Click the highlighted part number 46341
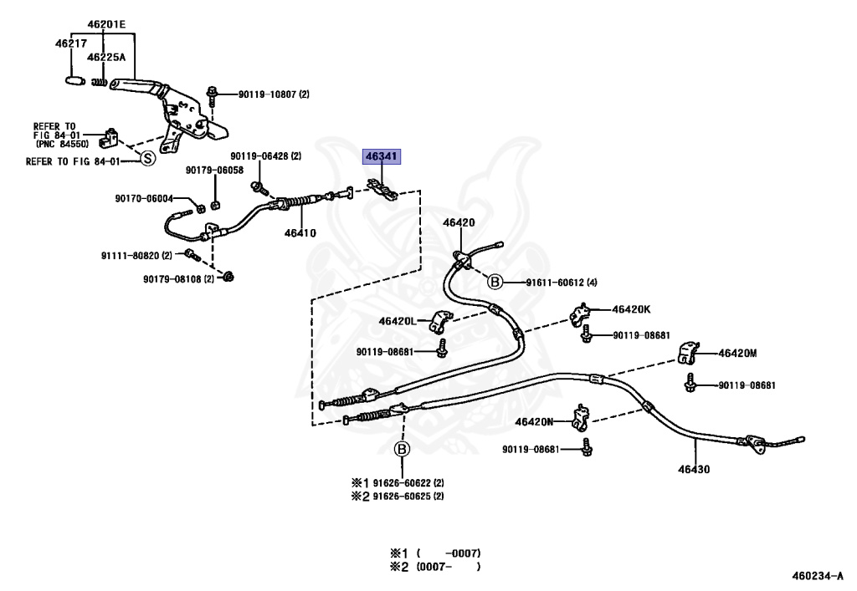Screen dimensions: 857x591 [x=382, y=156]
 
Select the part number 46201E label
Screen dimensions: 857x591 [x=106, y=24]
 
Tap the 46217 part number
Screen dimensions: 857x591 [x=71, y=43]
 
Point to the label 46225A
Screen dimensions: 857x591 [x=106, y=57]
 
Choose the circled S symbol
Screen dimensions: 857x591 [x=148, y=158]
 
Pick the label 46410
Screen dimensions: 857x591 [x=300, y=233]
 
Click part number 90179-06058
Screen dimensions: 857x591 [x=214, y=171]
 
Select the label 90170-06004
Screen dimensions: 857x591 [x=144, y=199]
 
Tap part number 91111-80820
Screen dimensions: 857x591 [x=130, y=256]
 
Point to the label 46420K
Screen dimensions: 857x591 [x=631, y=309]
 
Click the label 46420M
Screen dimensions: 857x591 [x=737, y=353]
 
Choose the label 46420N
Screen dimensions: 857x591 [x=534, y=422]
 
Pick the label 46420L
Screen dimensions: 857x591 [x=398, y=322]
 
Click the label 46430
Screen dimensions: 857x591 [x=694, y=469]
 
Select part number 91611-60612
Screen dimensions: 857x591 [x=555, y=283]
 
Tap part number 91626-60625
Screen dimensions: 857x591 [x=401, y=496]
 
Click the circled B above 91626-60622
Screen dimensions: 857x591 [x=402, y=449]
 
